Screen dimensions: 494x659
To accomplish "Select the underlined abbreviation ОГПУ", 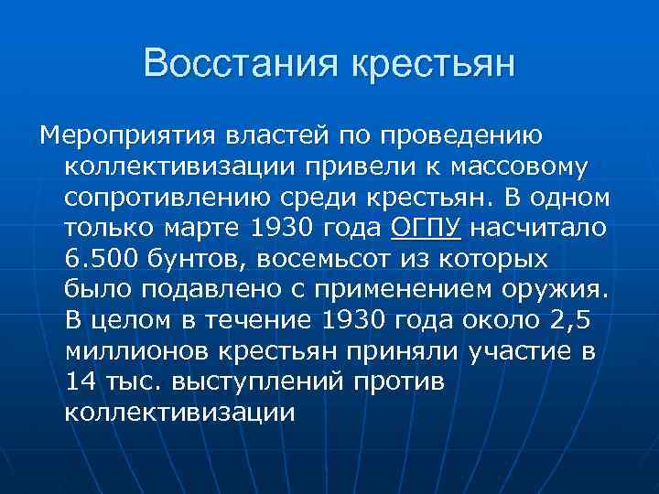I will pos(426,228).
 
